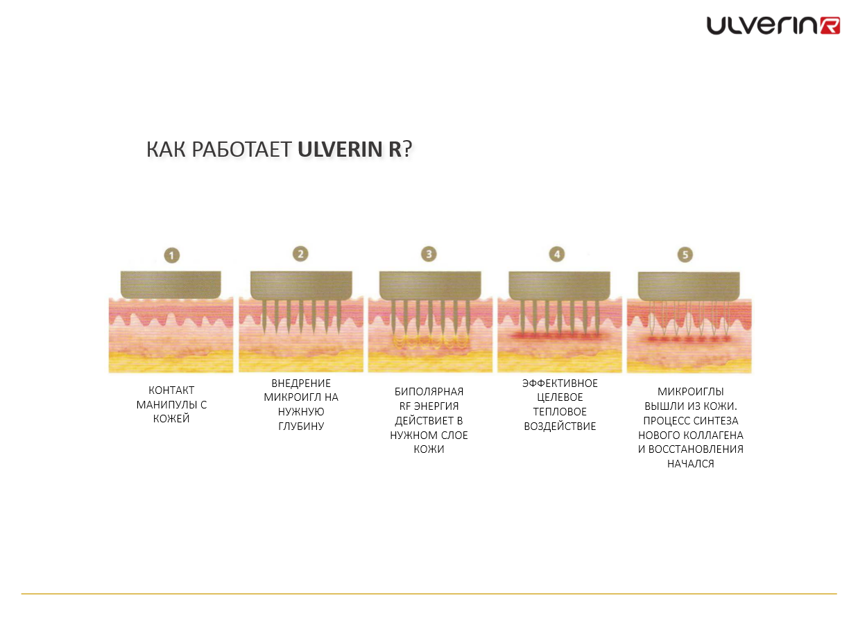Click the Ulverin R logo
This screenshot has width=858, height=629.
[773, 26]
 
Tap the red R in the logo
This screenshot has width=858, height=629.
[829, 26]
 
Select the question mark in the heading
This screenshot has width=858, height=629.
[407, 150]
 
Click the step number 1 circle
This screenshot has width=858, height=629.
[171, 255]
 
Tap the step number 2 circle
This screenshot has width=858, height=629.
[300, 254]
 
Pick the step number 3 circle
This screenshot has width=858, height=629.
[429, 254]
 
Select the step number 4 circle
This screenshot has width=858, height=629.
[557, 254]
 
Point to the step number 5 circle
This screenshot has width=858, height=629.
[685, 255]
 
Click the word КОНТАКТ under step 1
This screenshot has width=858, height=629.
[171, 390]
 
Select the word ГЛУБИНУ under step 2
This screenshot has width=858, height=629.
[301, 426]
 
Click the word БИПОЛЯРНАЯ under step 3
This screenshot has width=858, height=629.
[429, 391]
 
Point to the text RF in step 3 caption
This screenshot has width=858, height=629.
[405, 406]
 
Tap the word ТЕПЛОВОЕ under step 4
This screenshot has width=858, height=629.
[560, 412]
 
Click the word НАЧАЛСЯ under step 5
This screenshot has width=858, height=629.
[690, 464]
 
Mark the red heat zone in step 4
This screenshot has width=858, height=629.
[558, 336]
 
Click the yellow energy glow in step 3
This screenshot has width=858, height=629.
[429, 341]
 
